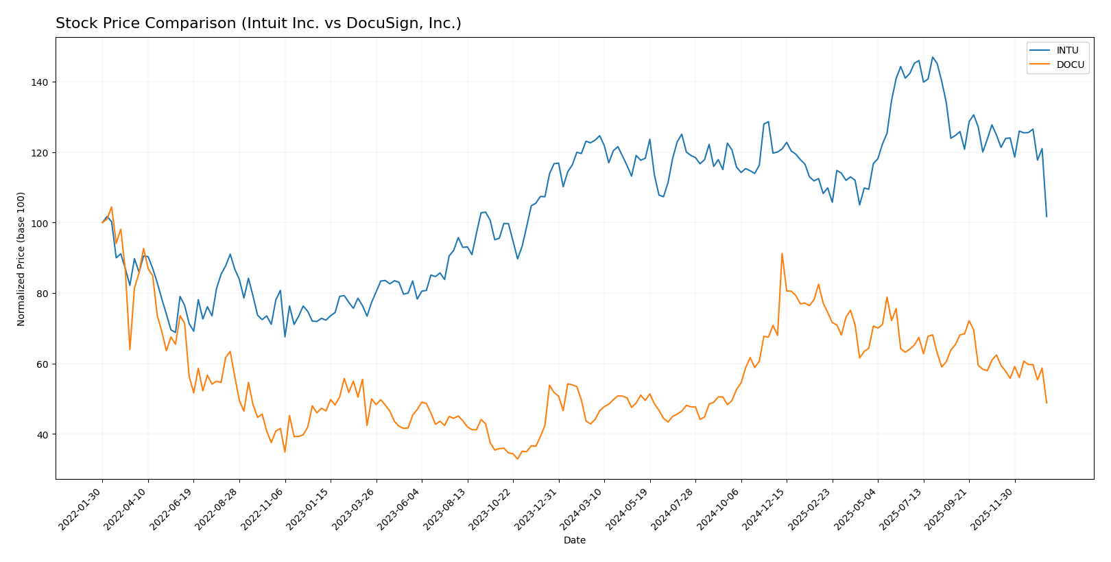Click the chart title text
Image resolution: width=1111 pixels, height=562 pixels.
click(x=259, y=23)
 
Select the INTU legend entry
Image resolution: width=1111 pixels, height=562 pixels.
click(x=1067, y=50)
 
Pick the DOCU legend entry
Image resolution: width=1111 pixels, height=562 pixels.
click(x=1070, y=65)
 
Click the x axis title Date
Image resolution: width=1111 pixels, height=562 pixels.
click(x=574, y=541)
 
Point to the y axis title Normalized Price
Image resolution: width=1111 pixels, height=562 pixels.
click(x=21, y=259)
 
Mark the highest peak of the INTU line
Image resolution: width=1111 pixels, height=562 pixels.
click(x=932, y=57)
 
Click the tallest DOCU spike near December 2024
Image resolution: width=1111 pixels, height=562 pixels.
click(x=782, y=253)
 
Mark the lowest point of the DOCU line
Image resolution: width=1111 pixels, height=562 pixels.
click(x=517, y=458)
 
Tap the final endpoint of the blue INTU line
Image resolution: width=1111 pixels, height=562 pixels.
click(x=1047, y=217)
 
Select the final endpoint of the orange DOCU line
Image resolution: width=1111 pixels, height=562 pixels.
click(x=1047, y=403)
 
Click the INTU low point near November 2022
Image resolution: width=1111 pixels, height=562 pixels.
click(x=285, y=336)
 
